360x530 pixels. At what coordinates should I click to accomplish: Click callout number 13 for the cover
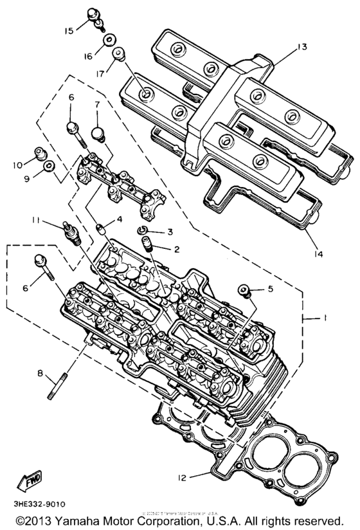[303, 46]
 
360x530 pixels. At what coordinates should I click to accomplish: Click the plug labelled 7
[98, 133]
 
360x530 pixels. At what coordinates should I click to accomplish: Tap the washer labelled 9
[48, 169]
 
